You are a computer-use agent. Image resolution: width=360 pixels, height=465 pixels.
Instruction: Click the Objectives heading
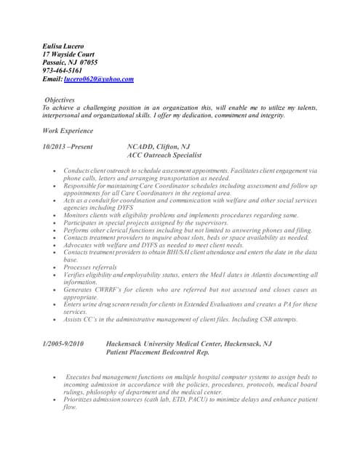point(60,99)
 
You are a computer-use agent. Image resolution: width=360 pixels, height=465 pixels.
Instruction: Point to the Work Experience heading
point(68,131)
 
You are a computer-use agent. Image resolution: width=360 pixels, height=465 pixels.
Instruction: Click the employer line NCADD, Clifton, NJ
point(159,146)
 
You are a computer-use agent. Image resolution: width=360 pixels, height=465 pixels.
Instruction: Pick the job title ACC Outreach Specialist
point(164,155)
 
